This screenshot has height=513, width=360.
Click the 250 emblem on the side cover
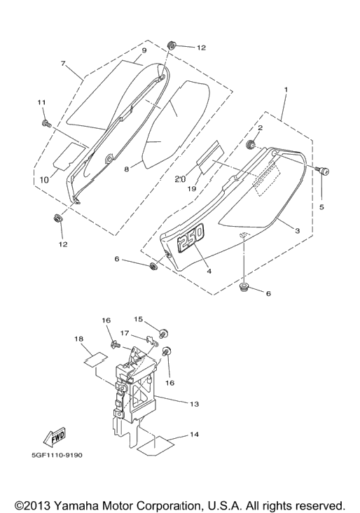[x=191, y=237]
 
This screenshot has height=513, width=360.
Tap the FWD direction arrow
[x=55, y=437]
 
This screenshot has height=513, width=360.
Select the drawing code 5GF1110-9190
[x=57, y=455]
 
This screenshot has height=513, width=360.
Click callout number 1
[x=286, y=90]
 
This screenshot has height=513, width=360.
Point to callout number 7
[x=63, y=63]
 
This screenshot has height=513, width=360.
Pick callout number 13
[x=195, y=404]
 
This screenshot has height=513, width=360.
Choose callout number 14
[x=194, y=435]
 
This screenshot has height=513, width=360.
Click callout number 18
[x=79, y=339]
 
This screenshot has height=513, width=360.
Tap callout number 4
[x=209, y=271]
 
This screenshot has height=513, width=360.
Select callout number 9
[x=144, y=50]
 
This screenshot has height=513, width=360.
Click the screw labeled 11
[x=46, y=123]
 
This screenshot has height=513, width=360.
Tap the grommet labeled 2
[x=251, y=143]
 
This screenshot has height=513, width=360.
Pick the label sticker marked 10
[x=69, y=155]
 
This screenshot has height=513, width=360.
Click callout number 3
[x=298, y=231]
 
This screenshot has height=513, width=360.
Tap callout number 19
[x=192, y=189]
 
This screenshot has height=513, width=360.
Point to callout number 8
[x=127, y=169]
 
